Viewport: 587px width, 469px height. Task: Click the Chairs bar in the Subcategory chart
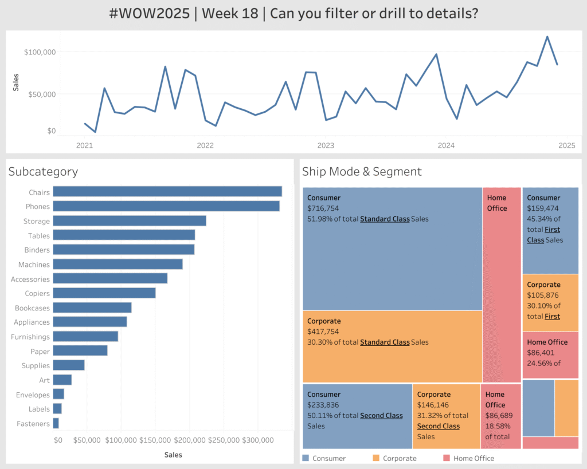(x=167, y=192)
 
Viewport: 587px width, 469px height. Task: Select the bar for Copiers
(x=104, y=293)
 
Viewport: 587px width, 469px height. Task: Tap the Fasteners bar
(x=56, y=423)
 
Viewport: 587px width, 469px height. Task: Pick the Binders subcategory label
(x=37, y=250)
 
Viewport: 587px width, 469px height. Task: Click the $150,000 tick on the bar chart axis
(x=155, y=440)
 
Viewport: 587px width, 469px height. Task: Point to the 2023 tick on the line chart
(x=326, y=145)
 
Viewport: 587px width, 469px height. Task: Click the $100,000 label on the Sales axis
(x=40, y=52)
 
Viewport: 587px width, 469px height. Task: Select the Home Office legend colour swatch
(x=447, y=458)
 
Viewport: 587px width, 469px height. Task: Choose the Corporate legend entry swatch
(x=376, y=458)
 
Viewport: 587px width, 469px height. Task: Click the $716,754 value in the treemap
(x=323, y=208)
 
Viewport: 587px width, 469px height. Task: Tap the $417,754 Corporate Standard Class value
(x=323, y=332)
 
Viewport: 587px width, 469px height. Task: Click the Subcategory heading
(x=43, y=171)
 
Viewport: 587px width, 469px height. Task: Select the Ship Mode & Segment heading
(x=362, y=171)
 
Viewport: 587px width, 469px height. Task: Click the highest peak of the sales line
(x=547, y=37)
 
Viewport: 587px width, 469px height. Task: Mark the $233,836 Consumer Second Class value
(x=323, y=405)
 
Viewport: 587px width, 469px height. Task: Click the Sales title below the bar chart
(x=173, y=455)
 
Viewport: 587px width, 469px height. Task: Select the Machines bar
(x=118, y=264)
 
